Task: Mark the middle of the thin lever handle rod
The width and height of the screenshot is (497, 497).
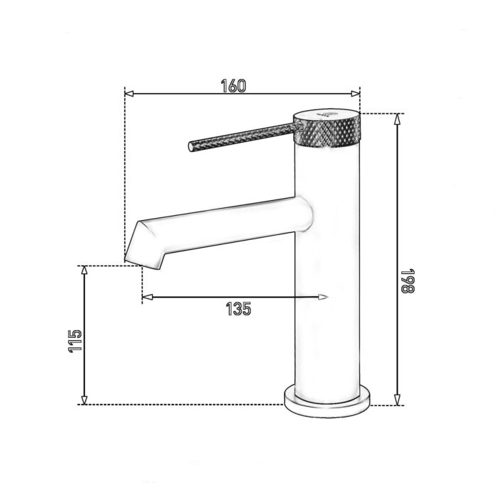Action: pyautogui.click(x=241, y=137)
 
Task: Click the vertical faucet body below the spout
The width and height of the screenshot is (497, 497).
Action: pyautogui.click(x=327, y=319)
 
